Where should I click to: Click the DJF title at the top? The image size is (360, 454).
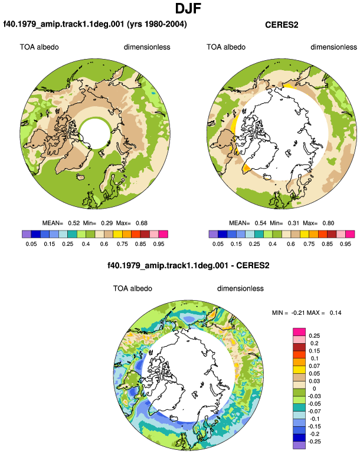[x=188, y=8]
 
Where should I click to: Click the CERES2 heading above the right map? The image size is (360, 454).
[x=282, y=25]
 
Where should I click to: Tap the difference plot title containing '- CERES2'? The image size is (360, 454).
[x=188, y=265]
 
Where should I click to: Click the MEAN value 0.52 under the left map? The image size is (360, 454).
[x=74, y=223]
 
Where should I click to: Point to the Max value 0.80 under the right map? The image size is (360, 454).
[x=328, y=223]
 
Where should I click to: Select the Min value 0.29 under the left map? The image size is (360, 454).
[x=107, y=223]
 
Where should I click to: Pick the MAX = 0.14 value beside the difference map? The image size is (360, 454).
[x=335, y=312]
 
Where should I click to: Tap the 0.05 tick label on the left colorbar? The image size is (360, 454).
[x=31, y=244]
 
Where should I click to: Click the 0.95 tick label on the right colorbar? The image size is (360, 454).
[x=345, y=244]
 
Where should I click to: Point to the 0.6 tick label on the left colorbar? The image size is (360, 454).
[x=104, y=244]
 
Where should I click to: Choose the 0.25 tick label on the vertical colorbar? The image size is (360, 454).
[x=314, y=335]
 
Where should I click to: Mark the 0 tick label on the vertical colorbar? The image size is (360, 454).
[x=315, y=389]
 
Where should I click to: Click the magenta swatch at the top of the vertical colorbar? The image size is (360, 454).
[x=299, y=332]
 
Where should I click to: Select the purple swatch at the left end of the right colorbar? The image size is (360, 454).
[x=213, y=234]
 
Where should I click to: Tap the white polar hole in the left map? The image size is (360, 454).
[x=95, y=133]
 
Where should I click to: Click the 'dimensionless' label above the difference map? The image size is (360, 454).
[x=240, y=288]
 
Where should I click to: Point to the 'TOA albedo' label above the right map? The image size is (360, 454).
[x=226, y=47]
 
